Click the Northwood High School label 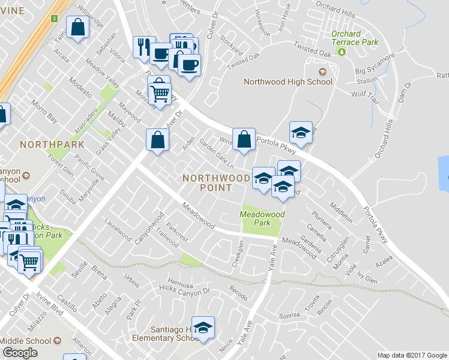pos(288,82)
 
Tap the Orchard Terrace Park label pos(355,38)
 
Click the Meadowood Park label pos(262,218)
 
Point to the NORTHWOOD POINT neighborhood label pos(215,182)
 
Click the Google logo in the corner pos(20,353)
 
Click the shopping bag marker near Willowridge pos(78,27)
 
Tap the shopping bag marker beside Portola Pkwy pos(244,139)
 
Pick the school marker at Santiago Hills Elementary pos(203,328)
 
